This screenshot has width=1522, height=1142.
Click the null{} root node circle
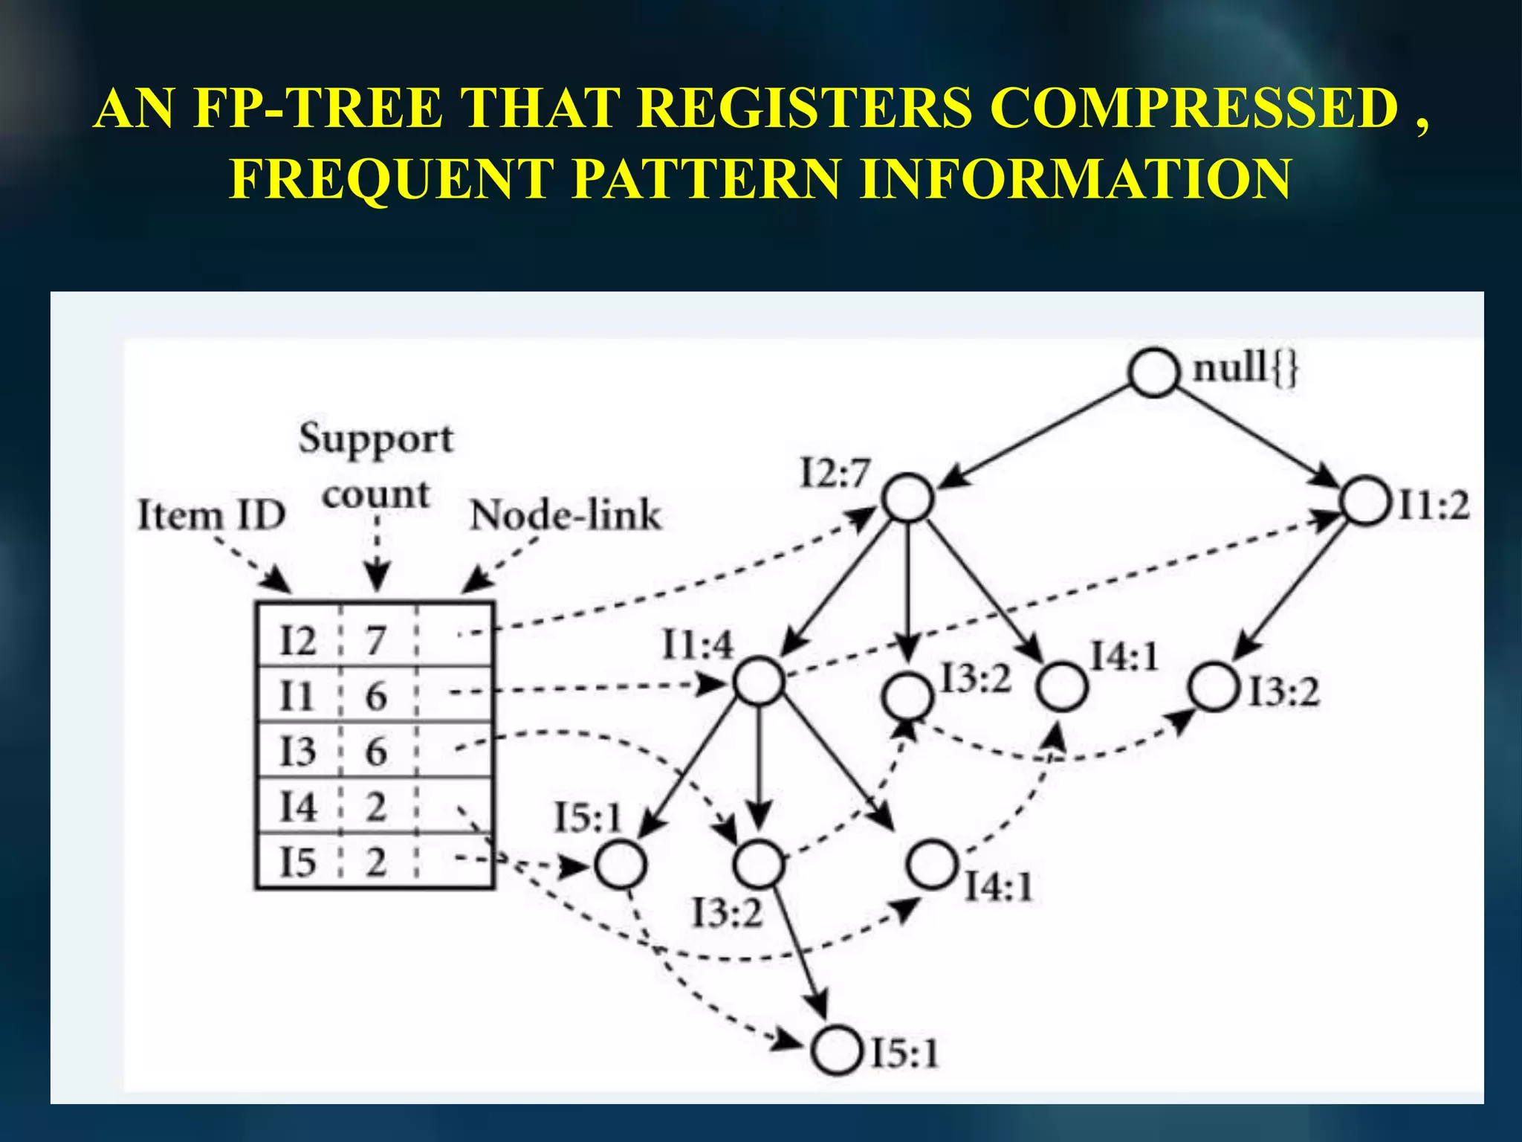point(1153,372)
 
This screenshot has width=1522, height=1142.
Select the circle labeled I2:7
point(908,497)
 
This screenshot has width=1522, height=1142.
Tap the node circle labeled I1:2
point(1364,502)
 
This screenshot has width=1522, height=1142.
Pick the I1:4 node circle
point(759,680)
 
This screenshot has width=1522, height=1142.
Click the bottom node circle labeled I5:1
point(837,1051)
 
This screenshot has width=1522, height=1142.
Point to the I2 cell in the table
point(297,639)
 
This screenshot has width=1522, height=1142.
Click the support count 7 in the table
point(376,639)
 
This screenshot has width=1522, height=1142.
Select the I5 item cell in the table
point(297,862)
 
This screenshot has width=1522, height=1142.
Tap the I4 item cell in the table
point(297,807)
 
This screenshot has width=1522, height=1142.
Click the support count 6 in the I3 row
point(376,751)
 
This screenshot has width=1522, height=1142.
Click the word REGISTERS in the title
point(804,109)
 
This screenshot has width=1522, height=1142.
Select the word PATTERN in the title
point(707,179)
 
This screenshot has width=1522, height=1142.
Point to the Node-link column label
point(565,515)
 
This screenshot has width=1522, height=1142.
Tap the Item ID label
point(212,515)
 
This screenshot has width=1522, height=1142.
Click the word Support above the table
point(375,439)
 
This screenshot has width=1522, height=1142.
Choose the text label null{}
point(1245,368)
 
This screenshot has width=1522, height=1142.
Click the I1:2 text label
point(1434,506)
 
